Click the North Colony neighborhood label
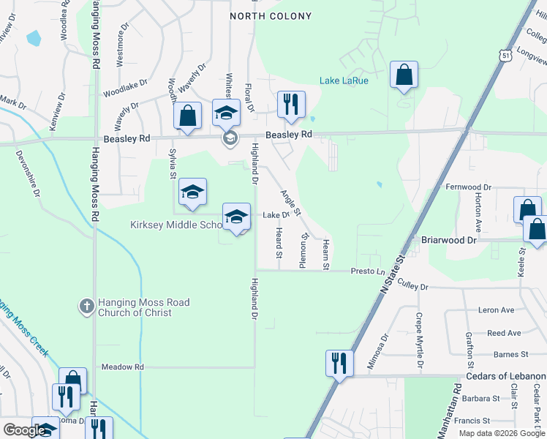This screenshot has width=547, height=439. pos(271,16)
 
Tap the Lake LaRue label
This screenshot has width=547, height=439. pos(344,80)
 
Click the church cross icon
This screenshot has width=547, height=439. pos(86,307)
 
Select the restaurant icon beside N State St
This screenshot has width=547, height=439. pos(339,363)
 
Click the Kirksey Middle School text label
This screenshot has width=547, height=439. pos(176,225)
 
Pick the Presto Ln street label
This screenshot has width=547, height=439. pos(368,271)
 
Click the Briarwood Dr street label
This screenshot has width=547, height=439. pos(449,240)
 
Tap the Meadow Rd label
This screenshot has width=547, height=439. pos(123,367)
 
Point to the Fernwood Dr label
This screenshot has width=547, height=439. pos(469,187)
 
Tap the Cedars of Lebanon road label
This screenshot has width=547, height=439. pos(506,376)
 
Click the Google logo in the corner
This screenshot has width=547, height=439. pos(25,430)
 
